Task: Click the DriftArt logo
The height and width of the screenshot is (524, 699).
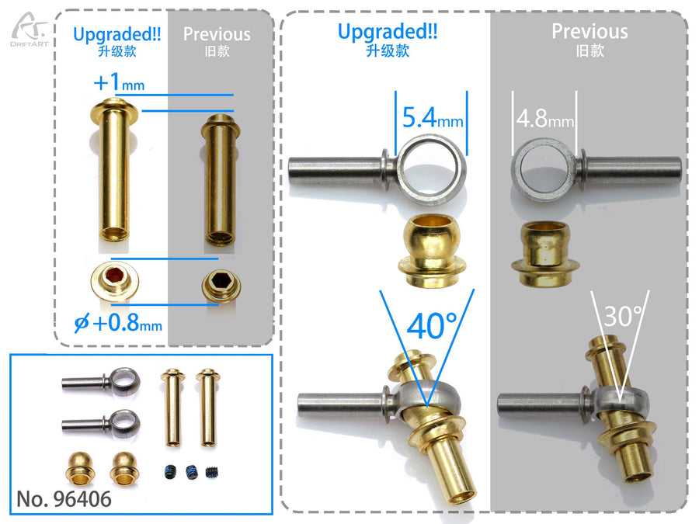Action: pyautogui.click(x=30, y=29)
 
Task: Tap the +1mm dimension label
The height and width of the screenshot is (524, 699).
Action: pyautogui.click(x=119, y=82)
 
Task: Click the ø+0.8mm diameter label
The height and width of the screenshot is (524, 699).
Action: pyautogui.click(x=118, y=322)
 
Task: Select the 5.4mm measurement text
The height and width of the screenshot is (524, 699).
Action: pyautogui.click(x=433, y=119)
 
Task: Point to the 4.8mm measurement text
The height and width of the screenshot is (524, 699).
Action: pyautogui.click(x=544, y=119)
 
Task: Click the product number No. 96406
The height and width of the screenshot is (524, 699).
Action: pyautogui.click(x=64, y=499)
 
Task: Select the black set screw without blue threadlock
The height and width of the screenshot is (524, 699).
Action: pyautogui.click(x=213, y=472)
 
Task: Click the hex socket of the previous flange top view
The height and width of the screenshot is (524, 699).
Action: pyautogui.click(x=221, y=281)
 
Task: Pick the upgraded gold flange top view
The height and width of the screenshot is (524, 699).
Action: pyautogui.click(x=115, y=279)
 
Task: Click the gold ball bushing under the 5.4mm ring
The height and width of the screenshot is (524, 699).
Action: pyautogui.click(x=432, y=249)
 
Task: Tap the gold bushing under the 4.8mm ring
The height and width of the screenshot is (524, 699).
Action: pyautogui.click(x=544, y=253)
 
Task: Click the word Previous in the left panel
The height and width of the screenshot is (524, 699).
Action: pyautogui.click(x=217, y=34)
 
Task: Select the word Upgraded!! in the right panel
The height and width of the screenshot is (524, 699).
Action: pyautogui.click(x=388, y=32)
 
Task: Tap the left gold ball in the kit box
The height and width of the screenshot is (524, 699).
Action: pyautogui.click(x=80, y=468)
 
